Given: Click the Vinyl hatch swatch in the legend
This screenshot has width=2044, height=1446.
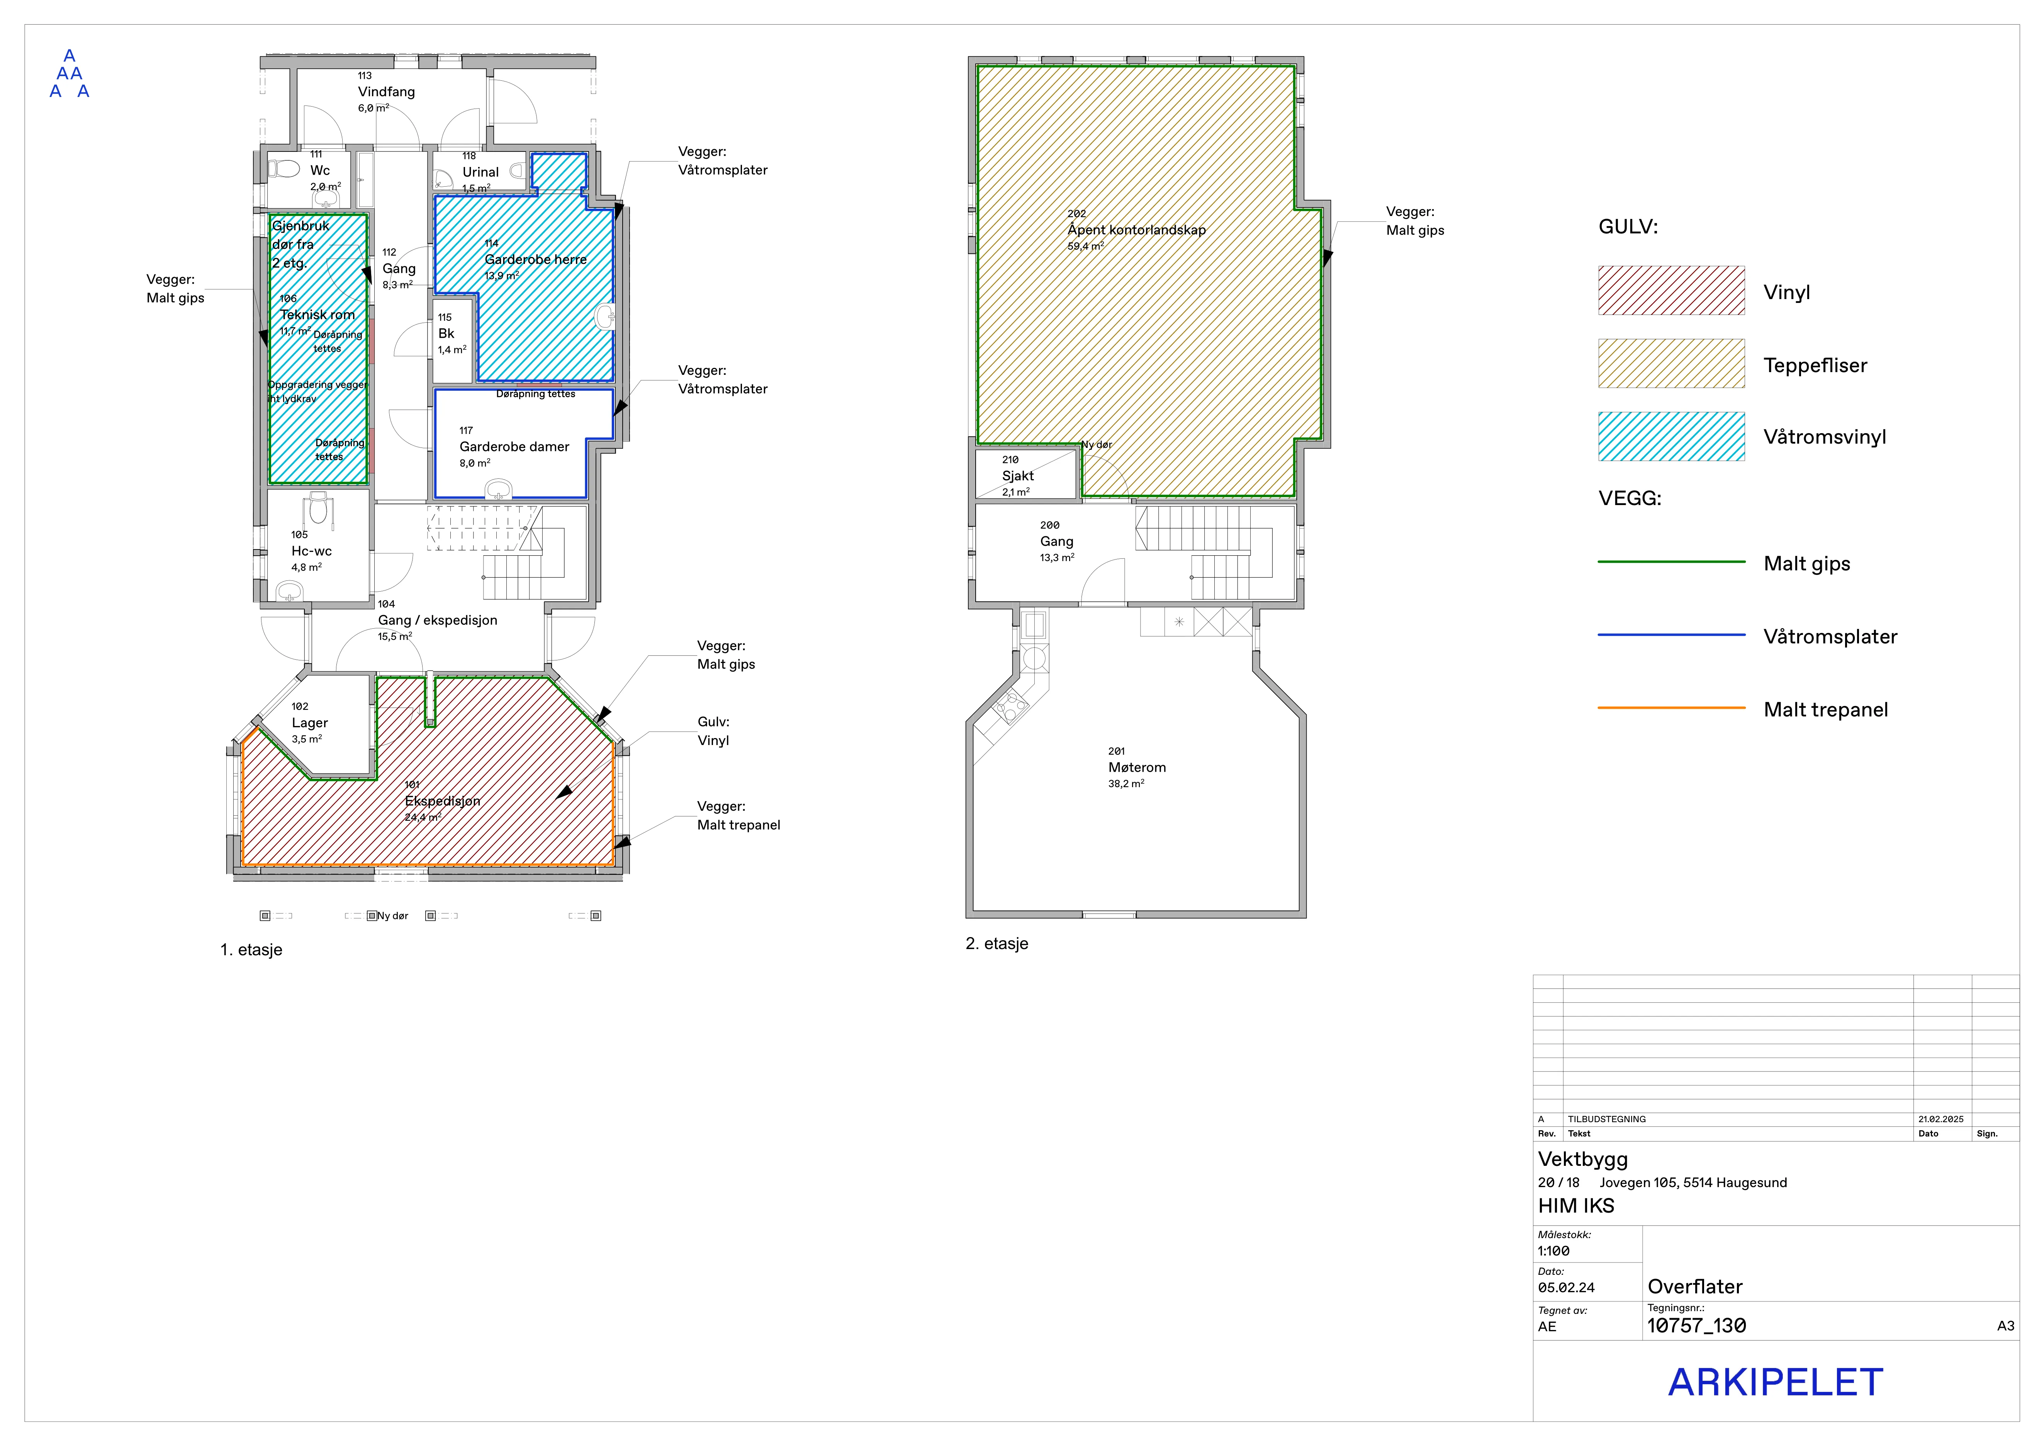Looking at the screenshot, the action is pos(1671,290).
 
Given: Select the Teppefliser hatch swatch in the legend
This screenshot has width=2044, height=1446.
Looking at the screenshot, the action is pos(1671,363).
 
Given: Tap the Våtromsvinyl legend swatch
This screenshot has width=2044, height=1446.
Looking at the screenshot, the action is pos(1671,436).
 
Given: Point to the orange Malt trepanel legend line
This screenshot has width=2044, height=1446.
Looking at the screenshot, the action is pos(1671,708).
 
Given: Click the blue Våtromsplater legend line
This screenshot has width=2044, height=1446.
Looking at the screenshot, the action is pos(1671,635).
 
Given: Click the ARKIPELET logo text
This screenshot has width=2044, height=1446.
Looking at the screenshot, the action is pos(1775,1383).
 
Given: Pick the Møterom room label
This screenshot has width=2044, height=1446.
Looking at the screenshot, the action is pos(1137,767).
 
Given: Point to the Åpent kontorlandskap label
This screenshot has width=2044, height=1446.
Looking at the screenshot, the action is pos(1137,230).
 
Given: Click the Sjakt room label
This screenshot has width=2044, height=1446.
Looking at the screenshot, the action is pos(1017,476).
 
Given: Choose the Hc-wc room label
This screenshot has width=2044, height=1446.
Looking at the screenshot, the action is pos(312,551).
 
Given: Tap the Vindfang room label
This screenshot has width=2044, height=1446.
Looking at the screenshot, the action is pos(386,92).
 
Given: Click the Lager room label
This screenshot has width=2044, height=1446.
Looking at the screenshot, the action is pos(310,723).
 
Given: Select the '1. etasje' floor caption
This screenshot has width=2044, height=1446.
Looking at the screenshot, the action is pos(251,950).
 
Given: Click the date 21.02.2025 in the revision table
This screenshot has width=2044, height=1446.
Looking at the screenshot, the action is pos(1941,1119).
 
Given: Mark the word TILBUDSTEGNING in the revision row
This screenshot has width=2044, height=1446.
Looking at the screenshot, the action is pos(1607,1119).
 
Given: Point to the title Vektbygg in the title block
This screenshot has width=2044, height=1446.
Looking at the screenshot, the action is pos(1583,1159).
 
